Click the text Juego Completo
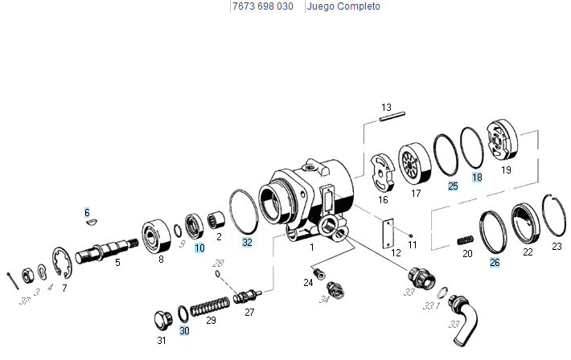tap(343, 6)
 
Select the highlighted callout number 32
tap(247, 241)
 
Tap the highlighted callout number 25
tap(454, 186)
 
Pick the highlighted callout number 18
tap(477, 177)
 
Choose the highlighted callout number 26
tap(495, 261)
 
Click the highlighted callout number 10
tap(199, 248)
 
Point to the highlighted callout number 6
tap(87, 212)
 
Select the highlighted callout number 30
tap(184, 330)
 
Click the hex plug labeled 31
tap(161, 318)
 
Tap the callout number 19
tap(506, 170)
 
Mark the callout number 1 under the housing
tap(311, 248)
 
